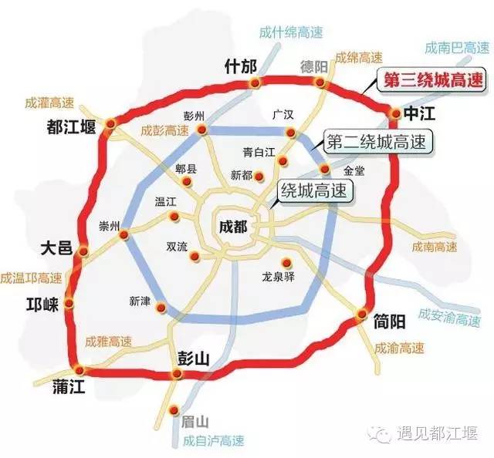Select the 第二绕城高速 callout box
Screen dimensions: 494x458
pos(377,142)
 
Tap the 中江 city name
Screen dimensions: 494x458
pos(423,114)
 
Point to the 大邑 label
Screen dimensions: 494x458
pos(56,248)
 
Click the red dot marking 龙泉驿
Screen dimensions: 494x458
pos(287,261)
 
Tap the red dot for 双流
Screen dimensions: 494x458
pos(196,256)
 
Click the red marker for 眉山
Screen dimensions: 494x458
pos(174,409)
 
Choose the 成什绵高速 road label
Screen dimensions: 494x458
pos(291,32)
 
